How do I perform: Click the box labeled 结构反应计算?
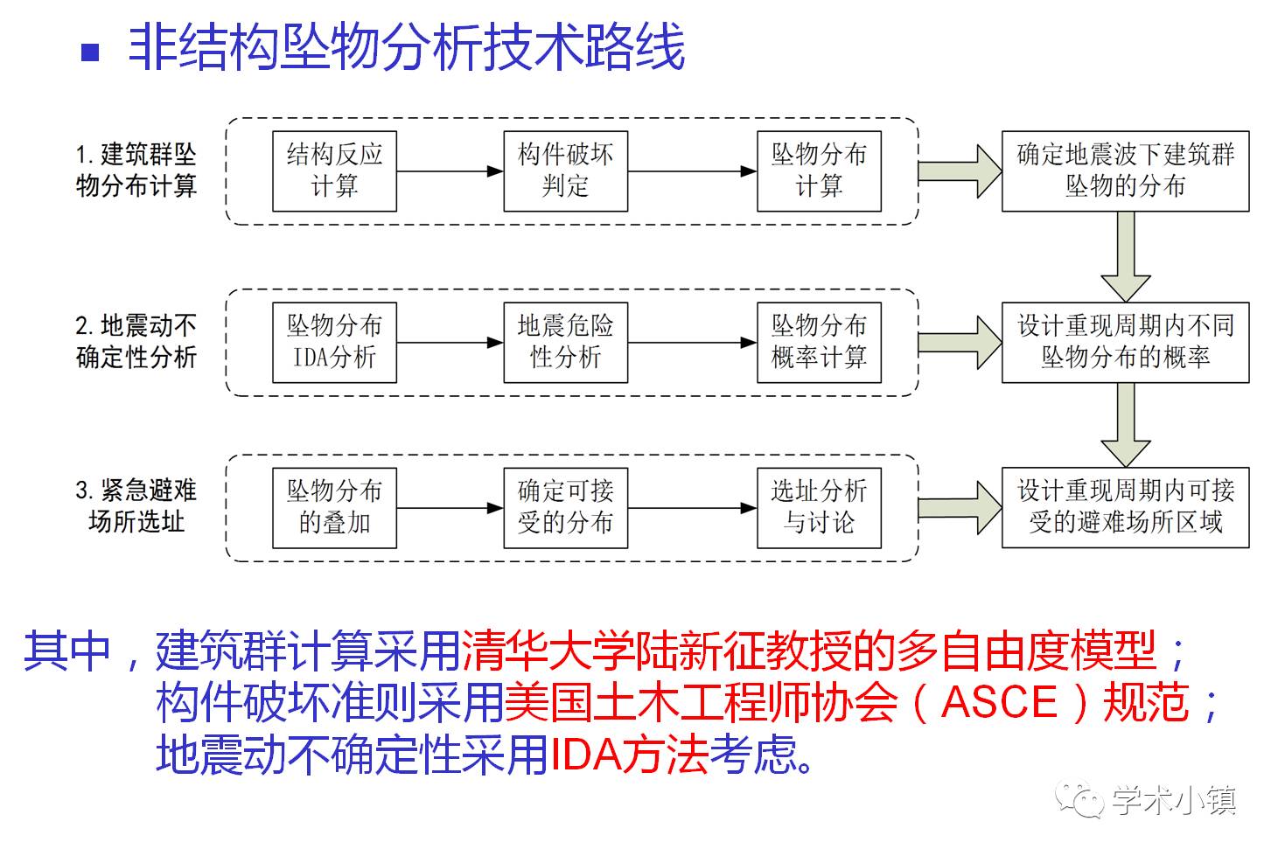[x=334, y=171]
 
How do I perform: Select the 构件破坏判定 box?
[x=565, y=171]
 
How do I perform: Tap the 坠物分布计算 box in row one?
[x=819, y=171]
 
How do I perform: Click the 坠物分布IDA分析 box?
[x=334, y=342]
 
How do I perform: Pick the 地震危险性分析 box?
[x=565, y=342]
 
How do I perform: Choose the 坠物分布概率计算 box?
[x=819, y=342]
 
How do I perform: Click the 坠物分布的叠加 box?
[x=334, y=507]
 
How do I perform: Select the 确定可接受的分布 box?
[x=565, y=507]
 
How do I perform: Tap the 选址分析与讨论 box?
[x=819, y=507]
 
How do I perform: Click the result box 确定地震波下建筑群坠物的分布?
[x=1125, y=171]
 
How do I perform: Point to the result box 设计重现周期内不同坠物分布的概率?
[x=1125, y=342]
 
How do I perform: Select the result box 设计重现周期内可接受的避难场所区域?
[x=1125, y=507]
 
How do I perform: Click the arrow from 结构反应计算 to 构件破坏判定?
[x=450, y=171]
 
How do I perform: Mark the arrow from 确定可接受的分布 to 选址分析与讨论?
[x=692, y=508]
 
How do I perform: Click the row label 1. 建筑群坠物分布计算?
[x=136, y=171]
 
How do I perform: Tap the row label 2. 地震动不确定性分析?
[x=136, y=342]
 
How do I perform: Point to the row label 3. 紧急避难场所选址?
[x=136, y=506]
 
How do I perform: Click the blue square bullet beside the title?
[x=90, y=52]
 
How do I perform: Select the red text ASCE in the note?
[x=1000, y=702]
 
